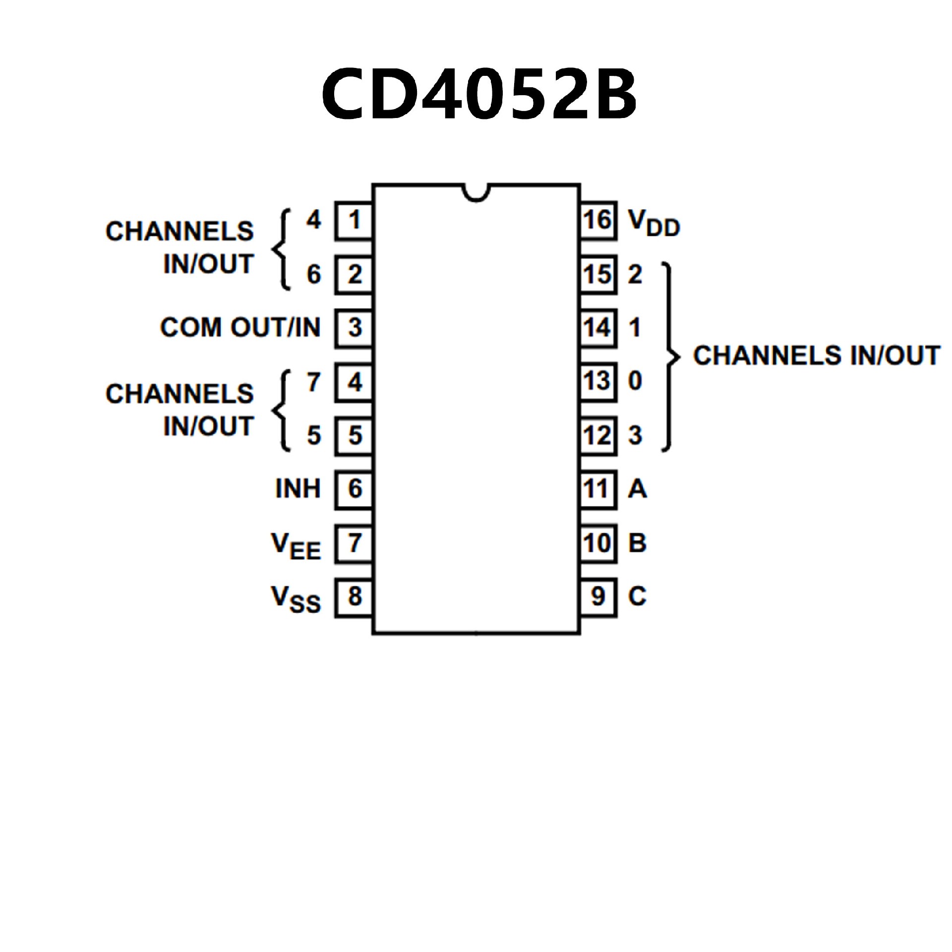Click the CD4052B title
coord(479,94)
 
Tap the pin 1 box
coord(354,221)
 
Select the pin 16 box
coord(598,221)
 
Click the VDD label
coord(654,223)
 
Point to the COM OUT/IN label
coord(240,328)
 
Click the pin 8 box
coord(354,597)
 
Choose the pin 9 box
coord(598,597)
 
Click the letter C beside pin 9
coord(637,596)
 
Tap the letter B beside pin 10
coord(637,543)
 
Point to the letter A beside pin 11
coord(637,489)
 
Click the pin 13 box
coord(598,382)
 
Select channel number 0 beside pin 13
coord(635,381)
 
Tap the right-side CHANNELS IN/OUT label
coord(816,356)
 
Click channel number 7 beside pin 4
coord(313,382)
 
